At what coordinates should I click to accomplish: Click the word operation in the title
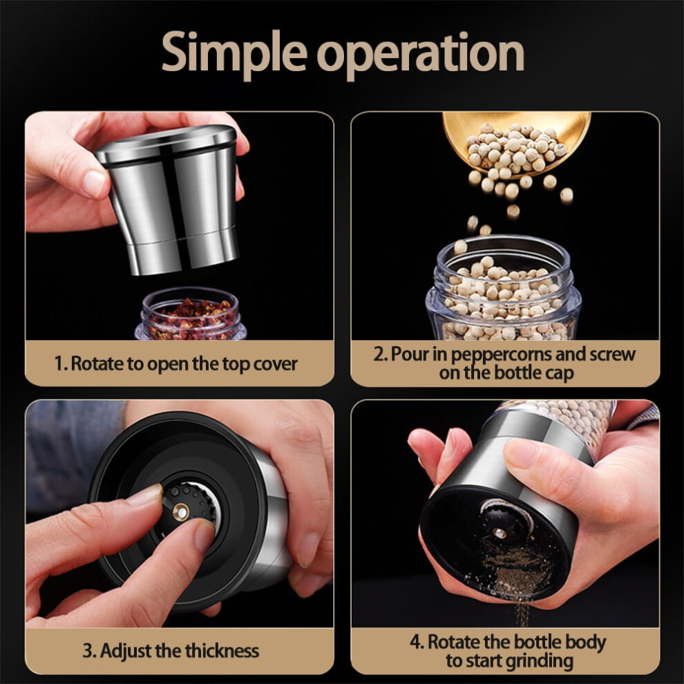pyautogui.click(x=421, y=54)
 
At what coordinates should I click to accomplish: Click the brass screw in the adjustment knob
pyautogui.click(x=180, y=512)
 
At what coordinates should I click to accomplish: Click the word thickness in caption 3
pyautogui.click(x=222, y=651)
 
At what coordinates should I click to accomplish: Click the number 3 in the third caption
pyautogui.click(x=88, y=651)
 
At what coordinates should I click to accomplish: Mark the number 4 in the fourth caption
pyautogui.click(x=415, y=642)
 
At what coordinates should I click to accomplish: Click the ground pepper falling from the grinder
pyautogui.click(x=515, y=580)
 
